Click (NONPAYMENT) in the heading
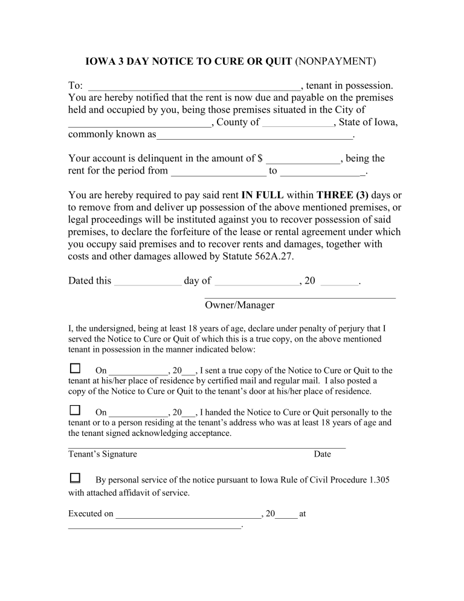[x=335, y=62]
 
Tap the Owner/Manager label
[x=239, y=305]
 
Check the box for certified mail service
[x=75, y=368]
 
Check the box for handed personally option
[x=75, y=411]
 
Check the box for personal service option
[x=75, y=478]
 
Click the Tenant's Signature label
[x=103, y=454]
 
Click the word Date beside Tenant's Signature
[x=322, y=454]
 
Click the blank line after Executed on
[x=187, y=516]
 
